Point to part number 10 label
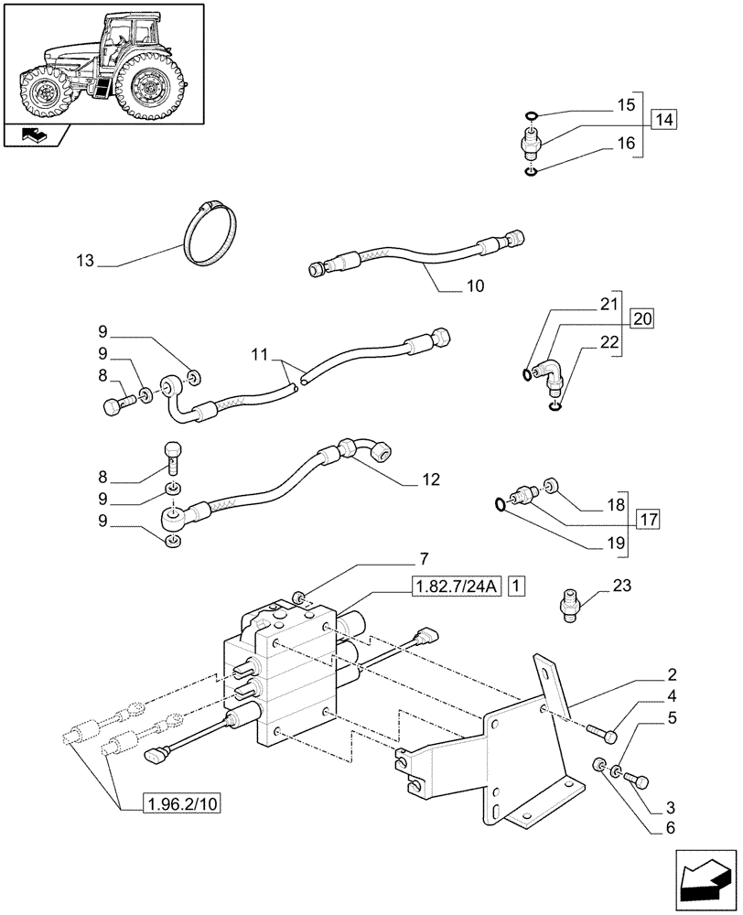tap(475, 285)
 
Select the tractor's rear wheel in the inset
tap(147, 85)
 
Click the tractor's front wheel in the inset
tap(44, 92)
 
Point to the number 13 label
tap(85, 262)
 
